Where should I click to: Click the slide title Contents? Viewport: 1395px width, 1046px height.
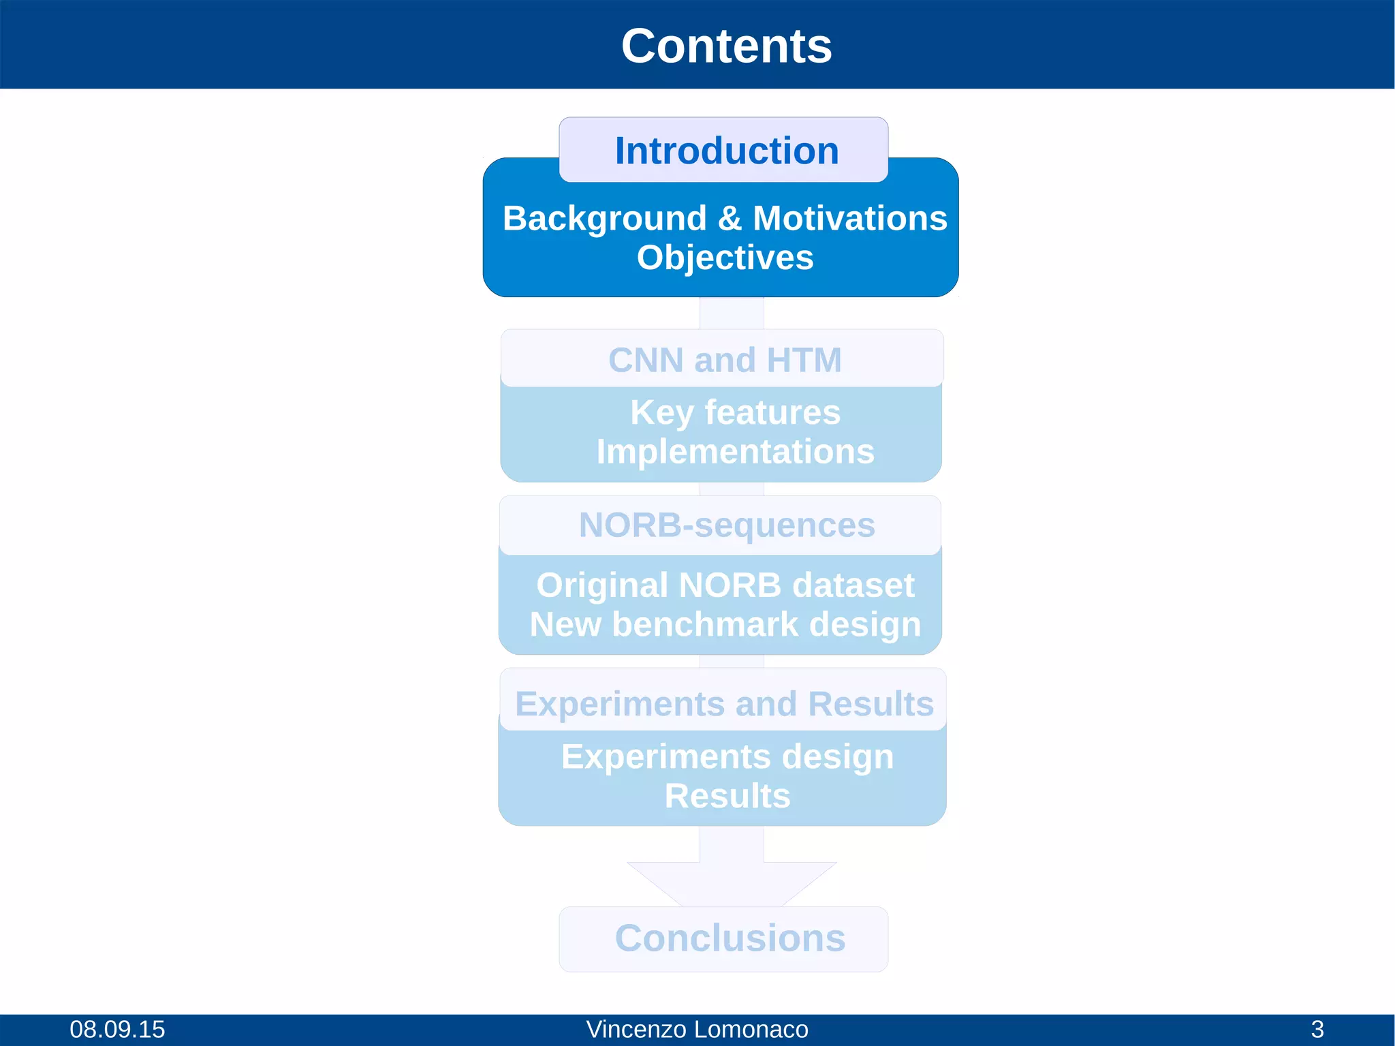pyautogui.click(x=726, y=46)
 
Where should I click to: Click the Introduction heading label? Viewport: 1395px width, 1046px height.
pyautogui.click(x=726, y=151)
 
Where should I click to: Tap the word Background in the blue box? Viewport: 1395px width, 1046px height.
pyautogui.click(x=604, y=219)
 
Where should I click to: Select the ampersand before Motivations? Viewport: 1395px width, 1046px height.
pyautogui.click(x=730, y=219)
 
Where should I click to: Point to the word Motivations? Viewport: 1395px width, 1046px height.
pyautogui.click(x=849, y=219)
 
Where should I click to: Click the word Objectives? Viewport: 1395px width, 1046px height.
pyautogui.click(x=725, y=258)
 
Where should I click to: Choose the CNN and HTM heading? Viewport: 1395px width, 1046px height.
pyautogui.click(x=724, y=360)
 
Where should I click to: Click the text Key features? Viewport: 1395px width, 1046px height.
pyautogui.click(x=735, y=412)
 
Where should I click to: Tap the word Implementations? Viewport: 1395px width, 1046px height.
pyautogui.click(x=735, y=452)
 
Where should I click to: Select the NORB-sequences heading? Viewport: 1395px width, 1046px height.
pyautogui.click(x=726, y=525)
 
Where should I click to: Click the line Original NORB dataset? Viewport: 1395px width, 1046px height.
pyautogui.click(x=725, y=585)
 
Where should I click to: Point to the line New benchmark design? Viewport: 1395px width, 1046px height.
pyautogui.click(x=725, y=624)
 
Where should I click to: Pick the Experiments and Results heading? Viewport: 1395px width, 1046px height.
pyautogui.click(x=723, y=704)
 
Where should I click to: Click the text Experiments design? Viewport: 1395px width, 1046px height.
pyautogui.click(x=727, y=757)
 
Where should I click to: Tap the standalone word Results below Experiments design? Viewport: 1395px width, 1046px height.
pyautogui.click(x=727, y=796)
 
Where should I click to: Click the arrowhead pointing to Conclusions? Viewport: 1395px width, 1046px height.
pyautogui.click(x=732, y=882)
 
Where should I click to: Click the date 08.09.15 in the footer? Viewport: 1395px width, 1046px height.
pyautogui.click(x=117, y=1029)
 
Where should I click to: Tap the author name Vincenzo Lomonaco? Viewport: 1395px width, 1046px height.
pyautogui.click(x=697, y=1029)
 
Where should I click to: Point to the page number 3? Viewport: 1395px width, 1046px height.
pyautogui.click(x=1317, y=1029)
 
